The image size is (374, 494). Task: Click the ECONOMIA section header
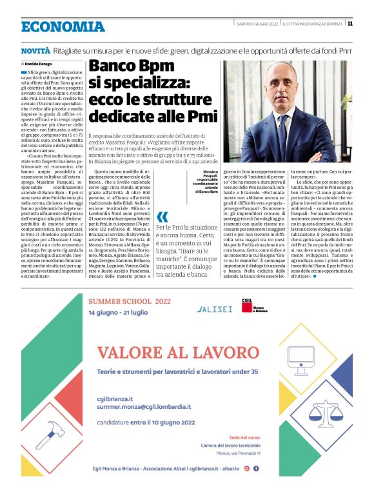[x=63, y=26]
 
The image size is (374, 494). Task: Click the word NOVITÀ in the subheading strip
[x=35, y=50]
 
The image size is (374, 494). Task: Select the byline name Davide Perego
[x=41, y=64]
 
